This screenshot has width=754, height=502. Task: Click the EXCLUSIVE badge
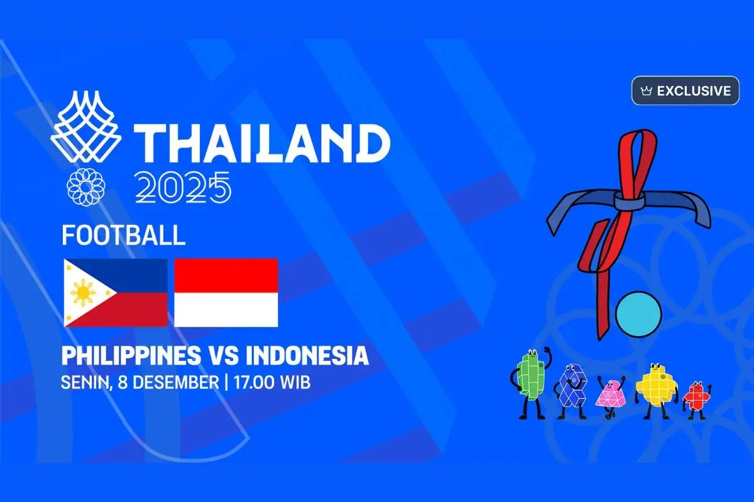[685, 91]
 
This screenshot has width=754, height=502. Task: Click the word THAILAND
[261, 142]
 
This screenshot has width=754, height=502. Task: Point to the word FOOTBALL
[124, 235]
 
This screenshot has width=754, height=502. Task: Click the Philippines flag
[116, 292]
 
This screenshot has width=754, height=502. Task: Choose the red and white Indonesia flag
[226, 292]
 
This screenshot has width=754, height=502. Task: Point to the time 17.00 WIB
[272, 382]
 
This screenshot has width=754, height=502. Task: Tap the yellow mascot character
[654, 389]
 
